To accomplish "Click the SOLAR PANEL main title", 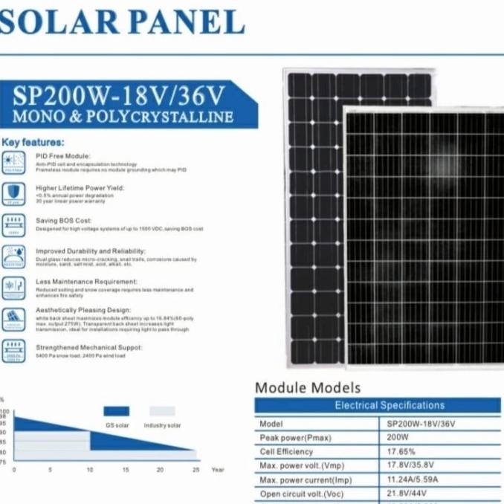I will (123, 22).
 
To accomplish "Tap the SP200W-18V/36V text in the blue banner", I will (120, 97).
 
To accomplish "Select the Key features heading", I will (33, 141).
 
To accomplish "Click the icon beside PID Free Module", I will (13, 162).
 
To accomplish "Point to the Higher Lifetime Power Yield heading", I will (80, 188).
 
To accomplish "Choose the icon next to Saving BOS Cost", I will (13, 224).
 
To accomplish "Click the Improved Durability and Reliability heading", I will (91, 251).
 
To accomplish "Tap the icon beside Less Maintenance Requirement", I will (13, 286).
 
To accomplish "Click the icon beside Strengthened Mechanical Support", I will (13, 349).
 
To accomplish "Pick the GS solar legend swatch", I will (116, 411).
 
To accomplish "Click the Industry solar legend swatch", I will (162, 411).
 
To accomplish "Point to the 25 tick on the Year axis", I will (196, 470).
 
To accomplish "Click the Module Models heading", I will (307, 387).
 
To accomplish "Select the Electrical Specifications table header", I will (390, 405).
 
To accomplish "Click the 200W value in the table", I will (398, 437).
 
